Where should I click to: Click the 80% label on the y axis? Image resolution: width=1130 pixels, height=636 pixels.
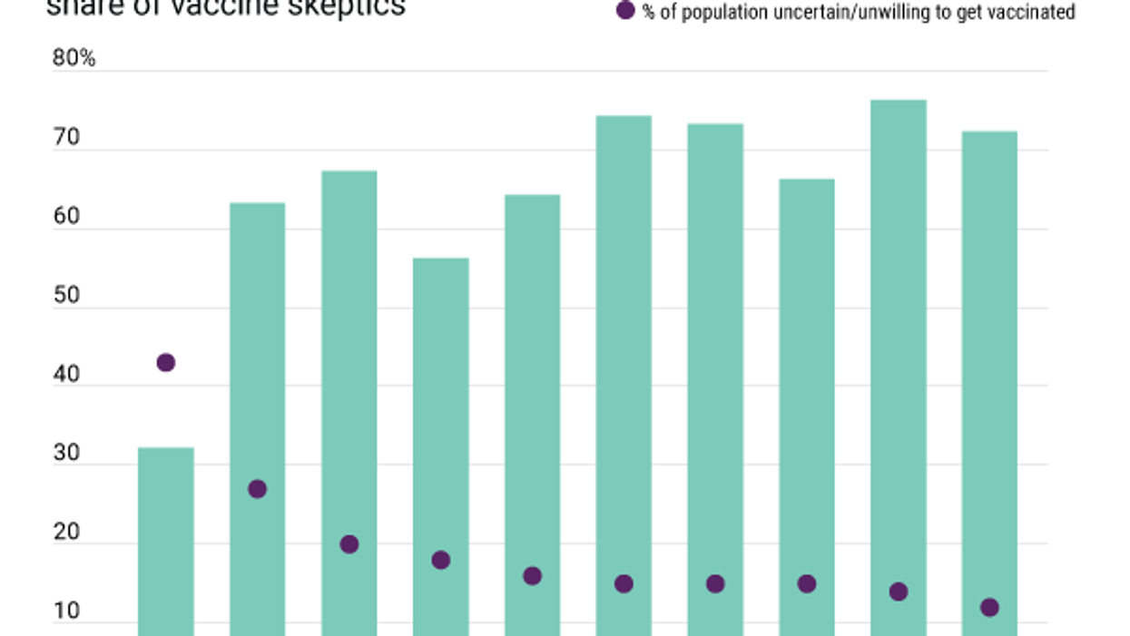pos(74,59)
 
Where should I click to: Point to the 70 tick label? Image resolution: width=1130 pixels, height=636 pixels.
pos(66,139)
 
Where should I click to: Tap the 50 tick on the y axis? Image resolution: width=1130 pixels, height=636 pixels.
pos(66,296)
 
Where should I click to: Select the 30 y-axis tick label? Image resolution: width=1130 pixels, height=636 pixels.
pos(66,454)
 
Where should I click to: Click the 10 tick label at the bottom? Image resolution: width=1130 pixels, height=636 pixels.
pos(66,612)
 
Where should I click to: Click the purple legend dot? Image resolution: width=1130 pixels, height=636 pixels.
pos(625,11)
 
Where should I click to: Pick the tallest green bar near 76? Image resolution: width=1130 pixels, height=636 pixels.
pos(899,363)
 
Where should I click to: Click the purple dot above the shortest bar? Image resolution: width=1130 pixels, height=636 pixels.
pos(166,363)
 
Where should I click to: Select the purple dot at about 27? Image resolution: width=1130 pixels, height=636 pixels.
pos(258,489)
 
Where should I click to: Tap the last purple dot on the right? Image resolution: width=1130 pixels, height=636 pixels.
pos(990,607)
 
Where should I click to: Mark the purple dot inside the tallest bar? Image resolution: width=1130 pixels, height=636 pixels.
pos(899,592)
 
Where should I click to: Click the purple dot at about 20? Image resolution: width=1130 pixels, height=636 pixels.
pos(349,544)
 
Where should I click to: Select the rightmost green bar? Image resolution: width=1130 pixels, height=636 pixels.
pos(990,363)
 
